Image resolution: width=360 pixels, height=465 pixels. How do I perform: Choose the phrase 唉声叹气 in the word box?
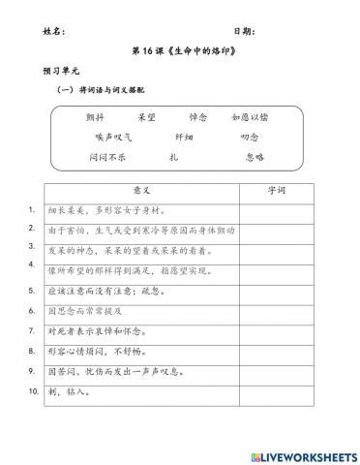(103, 137)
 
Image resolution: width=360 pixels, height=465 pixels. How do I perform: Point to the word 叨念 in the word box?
(249, 137)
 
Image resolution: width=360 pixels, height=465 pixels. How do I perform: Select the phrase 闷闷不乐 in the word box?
(104, 156)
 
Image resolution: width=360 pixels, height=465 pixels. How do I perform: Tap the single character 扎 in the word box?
(173, 156)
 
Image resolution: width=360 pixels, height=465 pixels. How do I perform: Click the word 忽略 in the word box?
(255, 156)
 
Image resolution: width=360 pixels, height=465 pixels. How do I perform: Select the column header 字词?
(277, 191)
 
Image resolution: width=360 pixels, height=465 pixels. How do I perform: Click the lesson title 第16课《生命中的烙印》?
(180, 50)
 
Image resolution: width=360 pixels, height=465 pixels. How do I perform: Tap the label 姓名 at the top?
(53, 31)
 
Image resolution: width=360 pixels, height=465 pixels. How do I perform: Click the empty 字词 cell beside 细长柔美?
(277, 209)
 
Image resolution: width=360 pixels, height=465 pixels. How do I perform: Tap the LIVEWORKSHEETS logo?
(302, 453)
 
